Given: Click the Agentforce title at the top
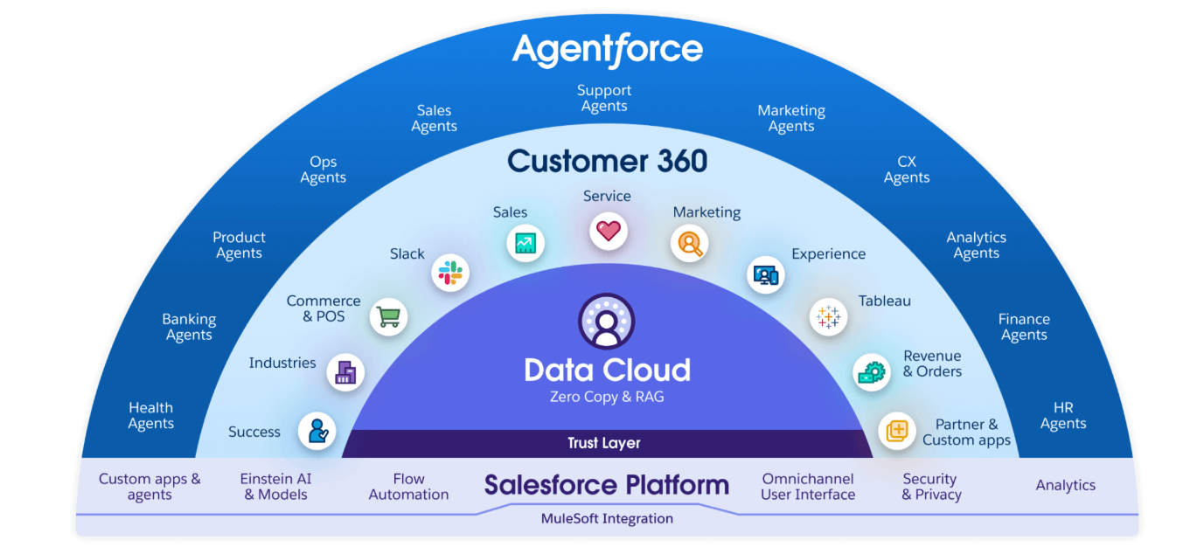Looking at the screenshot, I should [607, 50].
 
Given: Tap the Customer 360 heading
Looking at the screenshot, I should [607, 161].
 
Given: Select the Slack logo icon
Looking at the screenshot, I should [450, 273].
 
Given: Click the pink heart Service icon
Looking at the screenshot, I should [608, 232].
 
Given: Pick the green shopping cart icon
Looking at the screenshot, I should [388, 316].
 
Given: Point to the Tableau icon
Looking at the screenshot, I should [827, 316].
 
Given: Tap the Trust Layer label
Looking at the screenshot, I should [604, 443].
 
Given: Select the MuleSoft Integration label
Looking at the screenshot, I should [607, 518].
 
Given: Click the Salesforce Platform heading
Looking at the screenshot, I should [607, 485].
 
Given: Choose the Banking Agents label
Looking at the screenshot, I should [189, 327].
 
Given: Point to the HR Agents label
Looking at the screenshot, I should [1063, 416].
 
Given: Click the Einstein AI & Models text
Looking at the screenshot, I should [275, 487].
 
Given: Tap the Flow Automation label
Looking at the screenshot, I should [408, 487].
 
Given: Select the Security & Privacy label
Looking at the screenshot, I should [931, 487].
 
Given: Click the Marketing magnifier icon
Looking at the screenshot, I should [689, 243].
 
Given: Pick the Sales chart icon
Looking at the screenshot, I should [525, 243].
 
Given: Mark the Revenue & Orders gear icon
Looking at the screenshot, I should [871, 372].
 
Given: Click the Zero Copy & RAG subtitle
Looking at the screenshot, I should [607, 397].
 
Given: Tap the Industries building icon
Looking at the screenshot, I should [345, 372].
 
